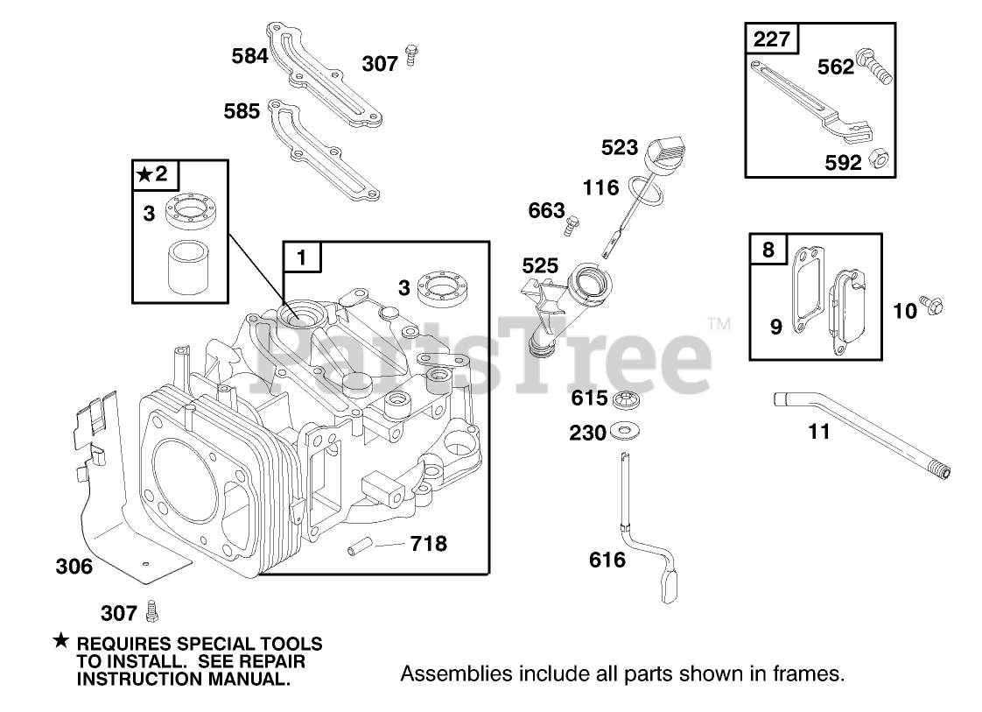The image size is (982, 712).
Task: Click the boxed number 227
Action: (x=772, y=40)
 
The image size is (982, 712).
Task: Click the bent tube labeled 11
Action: (x=862, y=430)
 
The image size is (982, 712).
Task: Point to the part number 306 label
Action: (x=74, y=567)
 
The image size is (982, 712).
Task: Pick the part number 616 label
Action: (x=607, y=560)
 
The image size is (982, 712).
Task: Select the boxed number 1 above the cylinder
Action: (x=302, y=258)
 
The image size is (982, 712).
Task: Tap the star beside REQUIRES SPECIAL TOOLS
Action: (x=60, y=642)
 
